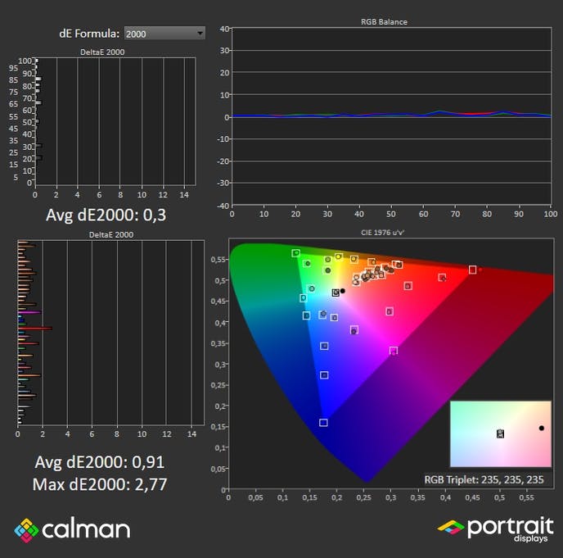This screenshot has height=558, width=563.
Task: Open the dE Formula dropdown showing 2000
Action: pos(164,33)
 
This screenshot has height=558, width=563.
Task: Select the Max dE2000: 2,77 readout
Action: pos(100,484)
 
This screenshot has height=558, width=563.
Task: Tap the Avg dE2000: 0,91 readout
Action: pos(100,462)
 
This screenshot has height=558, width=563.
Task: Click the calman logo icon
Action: pos(26,529)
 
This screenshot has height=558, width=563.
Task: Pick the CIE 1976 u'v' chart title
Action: pos(383,234)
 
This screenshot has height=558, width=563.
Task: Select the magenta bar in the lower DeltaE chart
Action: pos(29,313)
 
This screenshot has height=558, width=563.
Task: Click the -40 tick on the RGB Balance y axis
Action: pos(223,205)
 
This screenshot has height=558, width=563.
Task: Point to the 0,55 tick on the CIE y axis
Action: pos(218,260)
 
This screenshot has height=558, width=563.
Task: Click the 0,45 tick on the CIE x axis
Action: pos(472,497)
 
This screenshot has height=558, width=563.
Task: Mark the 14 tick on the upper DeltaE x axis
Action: pos(185,195)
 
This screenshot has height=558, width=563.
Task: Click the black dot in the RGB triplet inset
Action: pos(541,429)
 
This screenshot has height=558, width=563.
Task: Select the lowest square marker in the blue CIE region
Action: pos(323,423)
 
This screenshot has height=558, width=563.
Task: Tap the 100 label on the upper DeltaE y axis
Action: pos(25,61)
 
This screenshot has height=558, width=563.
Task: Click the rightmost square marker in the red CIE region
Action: pos(472,270)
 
